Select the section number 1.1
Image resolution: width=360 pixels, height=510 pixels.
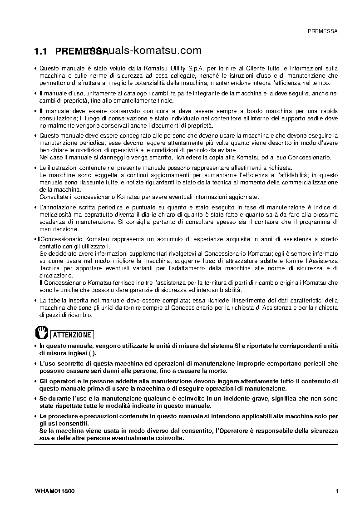pyautogui.click(x=41, y=51)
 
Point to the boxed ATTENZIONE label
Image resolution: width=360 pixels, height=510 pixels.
pyautogui.click(x=72, y=335)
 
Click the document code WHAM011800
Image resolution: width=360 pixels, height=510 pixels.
pyautogui.click(x=54, y=491)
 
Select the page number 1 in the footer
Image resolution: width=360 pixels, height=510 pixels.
pyautogui.click(x=337, y=491)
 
